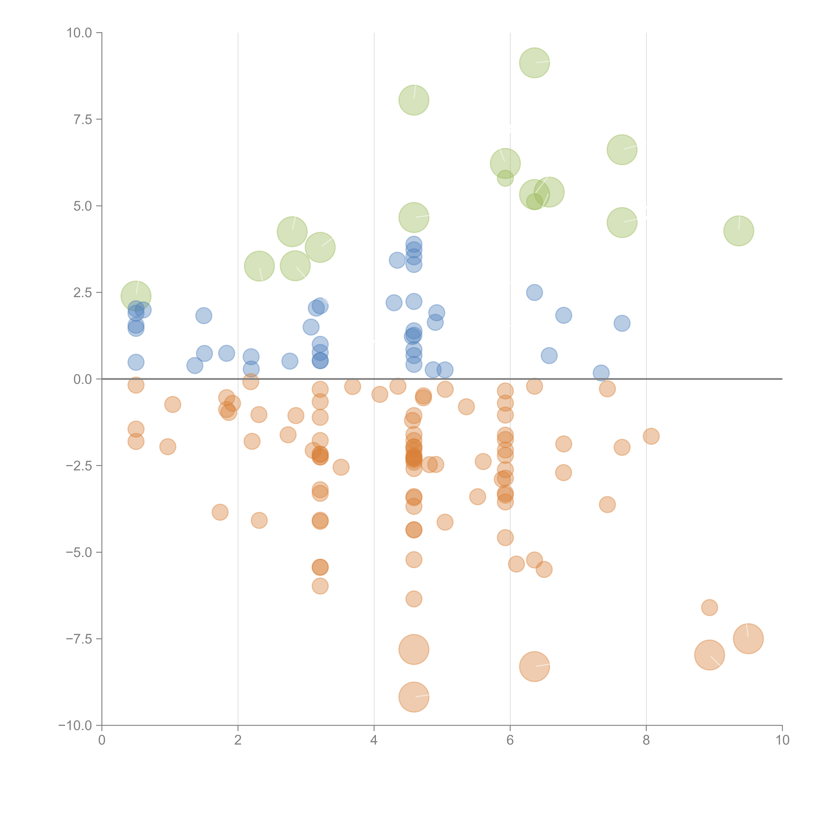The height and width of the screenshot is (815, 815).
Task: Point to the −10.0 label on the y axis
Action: (75, 726)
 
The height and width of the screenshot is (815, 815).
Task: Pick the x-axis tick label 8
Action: (646, 740)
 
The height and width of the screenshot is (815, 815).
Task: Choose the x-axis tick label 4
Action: (374, 740)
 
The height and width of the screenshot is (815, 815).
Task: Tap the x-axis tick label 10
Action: (782, 740)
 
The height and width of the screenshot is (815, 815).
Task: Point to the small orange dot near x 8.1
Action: (651, 436)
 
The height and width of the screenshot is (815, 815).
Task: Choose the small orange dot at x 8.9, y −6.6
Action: (710, 608)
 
